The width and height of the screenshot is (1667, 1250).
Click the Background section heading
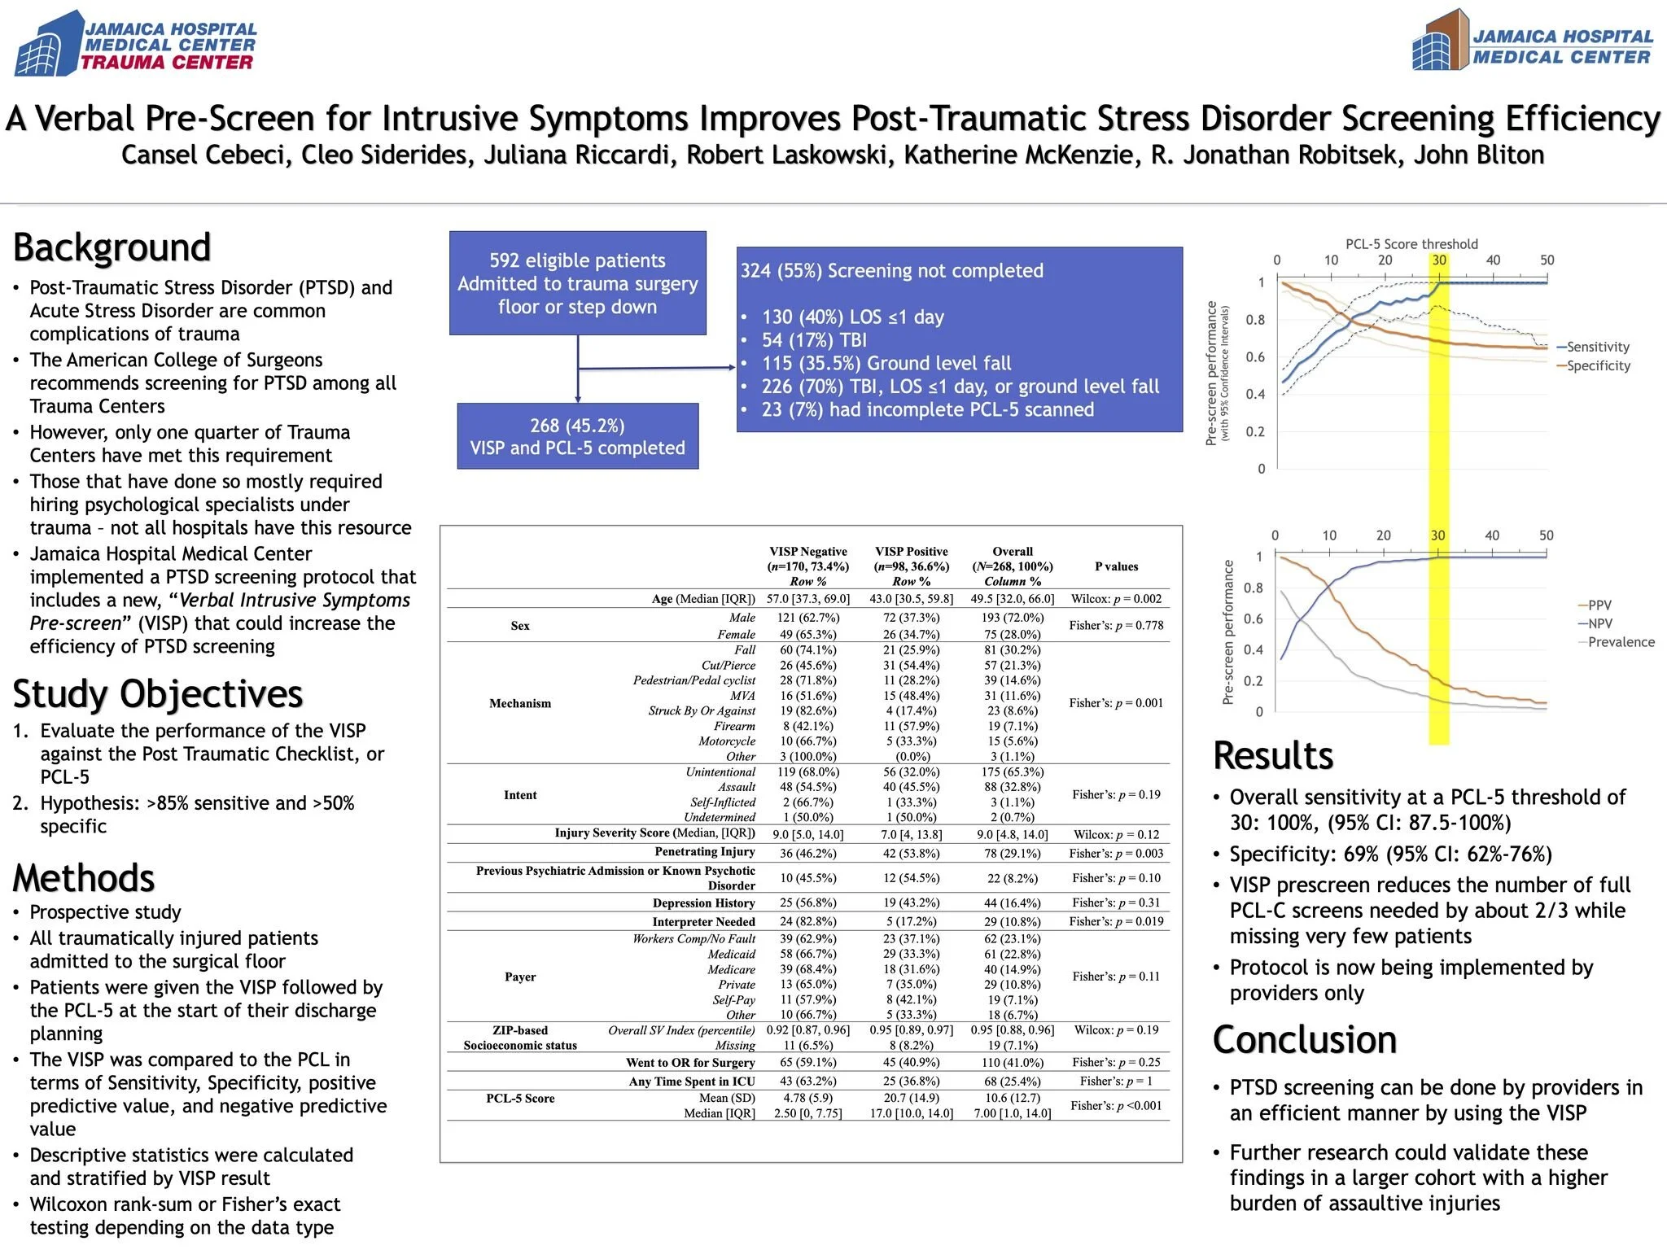coord(112,247)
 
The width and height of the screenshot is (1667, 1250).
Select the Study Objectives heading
coord(158,694)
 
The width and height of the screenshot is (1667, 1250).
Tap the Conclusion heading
coord(1304,1040)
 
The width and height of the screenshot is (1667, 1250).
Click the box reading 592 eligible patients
coord(577,283)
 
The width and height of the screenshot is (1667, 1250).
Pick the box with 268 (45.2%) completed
coord(577,436)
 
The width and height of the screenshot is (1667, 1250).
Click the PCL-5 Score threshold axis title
coord(1411,243)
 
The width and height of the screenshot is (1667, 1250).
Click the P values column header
coord(1116,566)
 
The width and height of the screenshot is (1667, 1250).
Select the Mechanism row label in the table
coord(520,703)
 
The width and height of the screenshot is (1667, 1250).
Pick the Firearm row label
coord(734,726)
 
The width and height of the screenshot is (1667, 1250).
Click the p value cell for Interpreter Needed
coord(1116,921)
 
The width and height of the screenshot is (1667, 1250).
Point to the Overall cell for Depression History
coord(1013,903)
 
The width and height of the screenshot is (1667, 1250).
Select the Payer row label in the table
coord(520,977)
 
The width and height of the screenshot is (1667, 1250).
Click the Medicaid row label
coord(731,954)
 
